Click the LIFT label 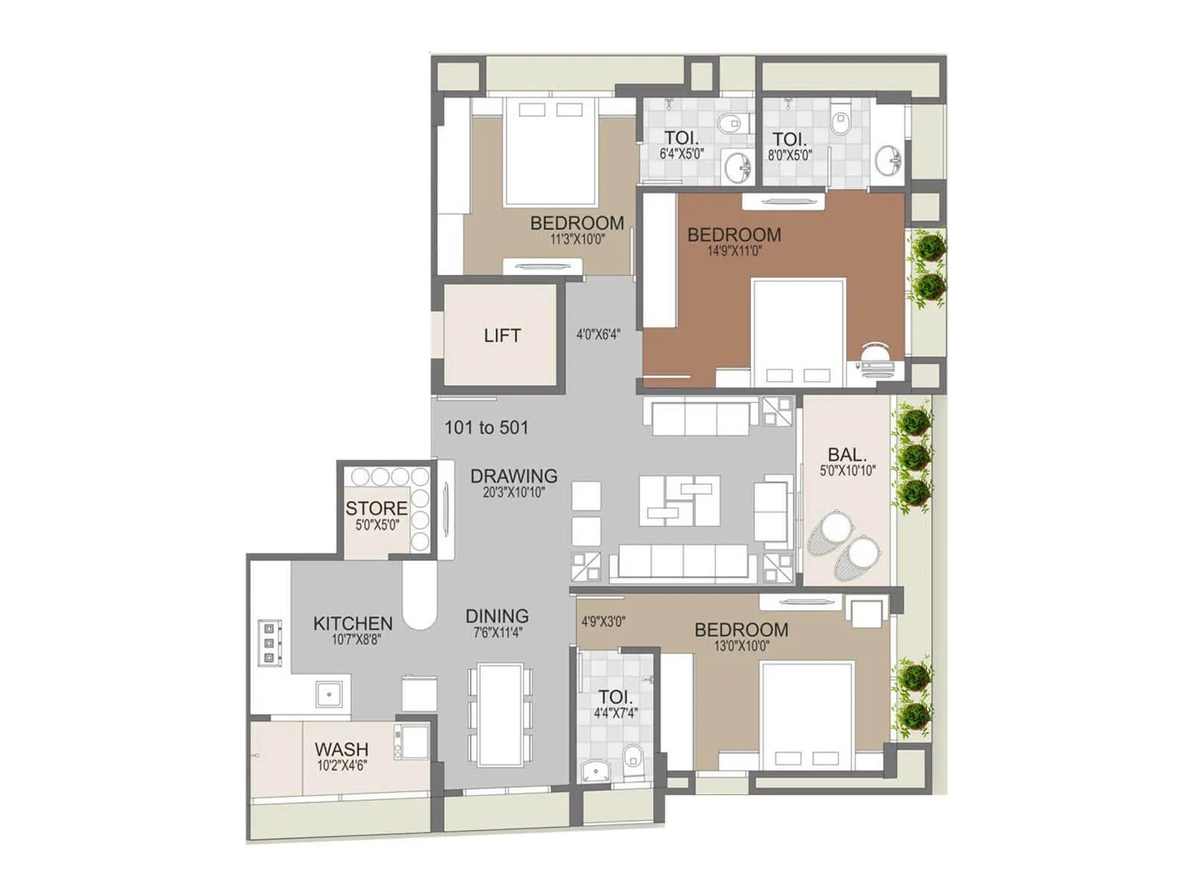pos(502,336)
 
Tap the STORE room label pos(376,509)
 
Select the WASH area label pos(341,749)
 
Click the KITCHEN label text pos(353,624)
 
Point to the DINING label pos(497,616)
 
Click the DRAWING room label pos(514,476)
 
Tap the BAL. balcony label pos(847,454)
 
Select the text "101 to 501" pos(486,427)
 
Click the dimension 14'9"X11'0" pos(734,251)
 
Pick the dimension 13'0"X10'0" pos(741,646)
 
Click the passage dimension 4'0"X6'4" pos(598,335)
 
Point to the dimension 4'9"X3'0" pos(602,621)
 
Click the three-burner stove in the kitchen pos(269,642)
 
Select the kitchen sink pos(329,694)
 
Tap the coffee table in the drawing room pos(679,500)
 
